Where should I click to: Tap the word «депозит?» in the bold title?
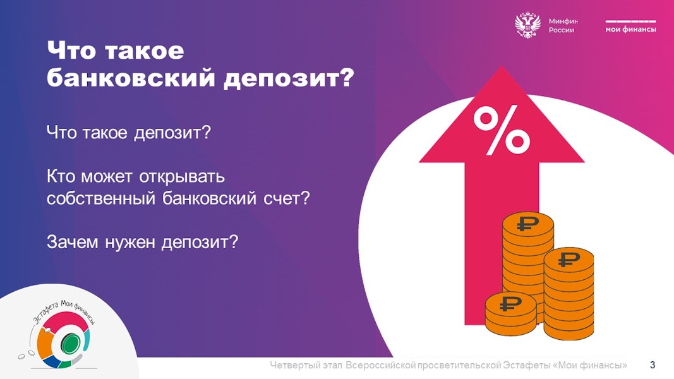(x=289, y=78)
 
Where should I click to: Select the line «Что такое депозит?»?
(x=129, y=133)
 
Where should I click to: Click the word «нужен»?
(x=130, y=243)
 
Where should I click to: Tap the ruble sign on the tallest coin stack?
(x=528, y=223)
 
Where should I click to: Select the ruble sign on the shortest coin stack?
(x=510, y=303)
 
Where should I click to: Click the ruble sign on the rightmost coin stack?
(x=569, y=259)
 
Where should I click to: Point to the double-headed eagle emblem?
(x=527, y=26)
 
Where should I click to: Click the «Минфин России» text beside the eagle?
(x=563, y=25)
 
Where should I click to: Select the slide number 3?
(x=653, y=365)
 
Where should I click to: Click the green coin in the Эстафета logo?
(x=69, y=344)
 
